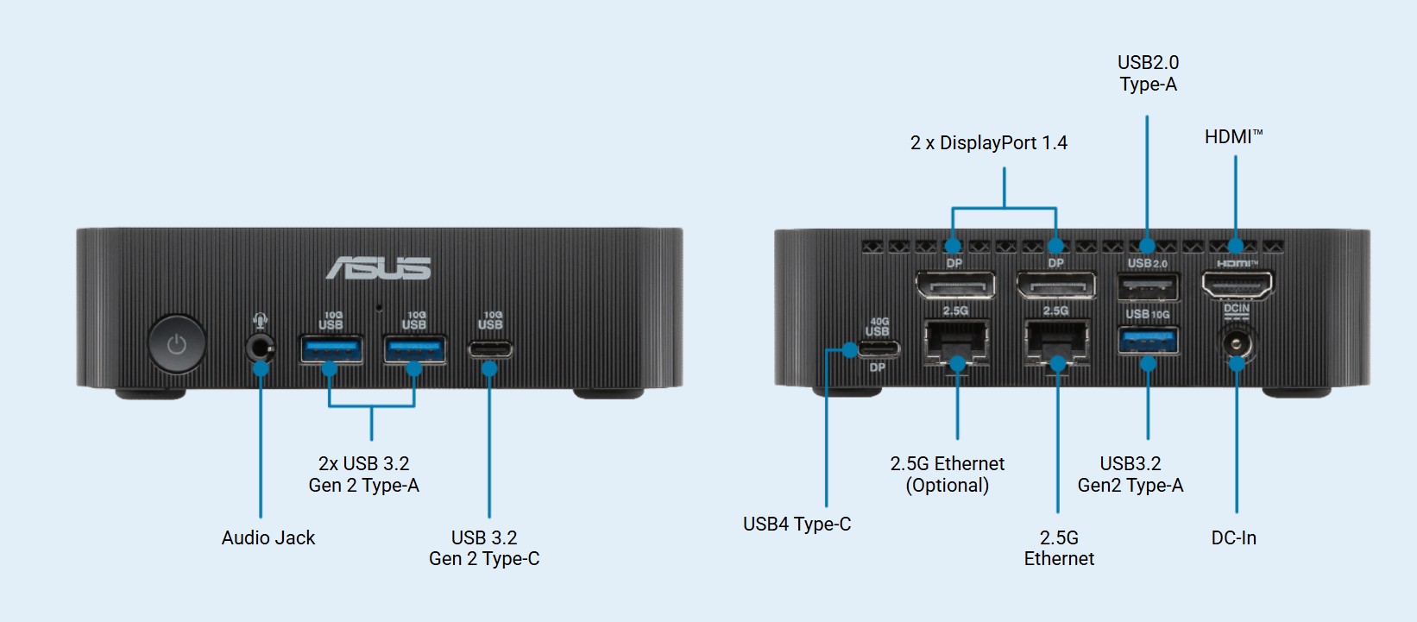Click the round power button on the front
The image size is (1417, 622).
pyautogui.click(x=176, y=344)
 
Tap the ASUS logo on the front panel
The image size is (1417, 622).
pyautogui.click(x=378, y=268)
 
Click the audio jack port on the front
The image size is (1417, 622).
pyautogui.click(x=260, y=349)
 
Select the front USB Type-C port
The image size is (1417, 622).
pyautogui.click(x=489, y=349)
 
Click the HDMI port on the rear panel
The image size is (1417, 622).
pyautogui.click(x=1237, y=284)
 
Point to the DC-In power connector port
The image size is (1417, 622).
pyautogui.click(x=1236, y=344)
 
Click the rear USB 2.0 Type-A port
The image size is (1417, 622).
pyautogui.click(x=1148, y=286)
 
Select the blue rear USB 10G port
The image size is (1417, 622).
pyautogui.click(x=1148, y=342)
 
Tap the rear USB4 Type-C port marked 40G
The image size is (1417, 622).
pyautogui.click(x=878, y=349)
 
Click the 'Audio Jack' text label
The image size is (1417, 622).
pyautogui.click(x=268, y=537)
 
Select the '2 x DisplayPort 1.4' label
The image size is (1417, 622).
pyautogui.click(x=988, y=143)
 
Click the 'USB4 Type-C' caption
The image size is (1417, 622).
pyautogui.click(x=797, y=524)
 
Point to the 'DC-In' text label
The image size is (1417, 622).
pyautogui.click(x=1233, y=537)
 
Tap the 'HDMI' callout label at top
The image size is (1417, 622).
pyautogui.click(x=1232, y=137)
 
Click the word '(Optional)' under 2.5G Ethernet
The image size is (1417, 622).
pyautogui.click(x=947, y=486)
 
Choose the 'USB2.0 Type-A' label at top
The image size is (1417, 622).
pyautogui.click(x=1148, y=73)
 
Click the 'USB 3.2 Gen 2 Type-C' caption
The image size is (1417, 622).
pyautogui.click(x=484, y=548)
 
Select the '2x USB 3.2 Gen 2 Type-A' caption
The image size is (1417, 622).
pyautogui.click(x=363, y=474)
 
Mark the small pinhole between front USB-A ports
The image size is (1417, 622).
pyautogui.click(x=378, y=307)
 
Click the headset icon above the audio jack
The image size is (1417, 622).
pyautogui.click(x=260, y=321)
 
